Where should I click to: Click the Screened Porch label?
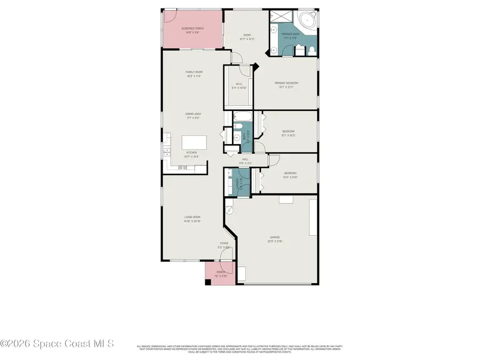(193, 29)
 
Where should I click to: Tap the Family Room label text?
(194, 72)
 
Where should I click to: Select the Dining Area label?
(193, 114)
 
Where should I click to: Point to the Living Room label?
(192, 217)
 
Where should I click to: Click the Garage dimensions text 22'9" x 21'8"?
(275, 241)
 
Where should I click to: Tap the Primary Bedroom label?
(286, 83)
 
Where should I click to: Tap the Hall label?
(245, 159)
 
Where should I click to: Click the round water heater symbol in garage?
(230, 210)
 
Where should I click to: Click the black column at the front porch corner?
(208, 282)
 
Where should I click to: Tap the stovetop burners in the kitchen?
(182, 168)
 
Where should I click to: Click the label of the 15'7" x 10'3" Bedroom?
(288, 131)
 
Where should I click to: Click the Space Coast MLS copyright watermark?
(57, 344)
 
